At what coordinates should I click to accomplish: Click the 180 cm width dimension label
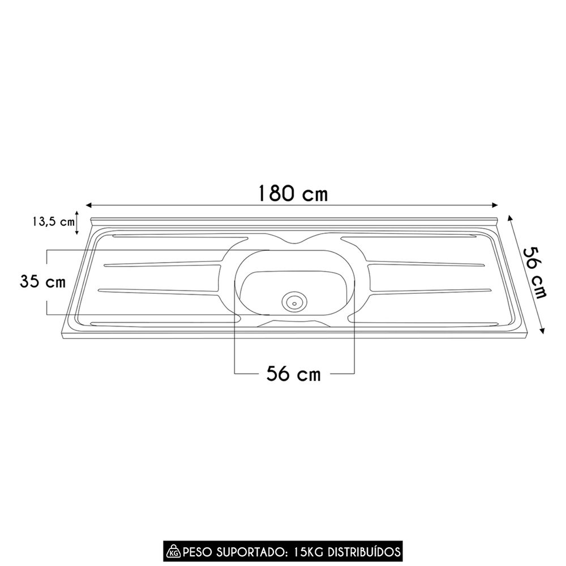[x=293, y=193]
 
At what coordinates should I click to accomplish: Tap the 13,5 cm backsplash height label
[x=52, y=222]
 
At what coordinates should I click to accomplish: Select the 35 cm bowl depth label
[x=42, y=281]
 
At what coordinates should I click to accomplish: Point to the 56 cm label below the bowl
[x=294, y=374]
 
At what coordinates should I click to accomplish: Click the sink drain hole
[x=294, y=301]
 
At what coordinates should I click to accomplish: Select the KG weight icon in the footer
[x=172, y=551]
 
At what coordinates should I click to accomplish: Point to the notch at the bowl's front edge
[x=294, y=323]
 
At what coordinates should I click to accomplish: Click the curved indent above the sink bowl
[x=294, y=241]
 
